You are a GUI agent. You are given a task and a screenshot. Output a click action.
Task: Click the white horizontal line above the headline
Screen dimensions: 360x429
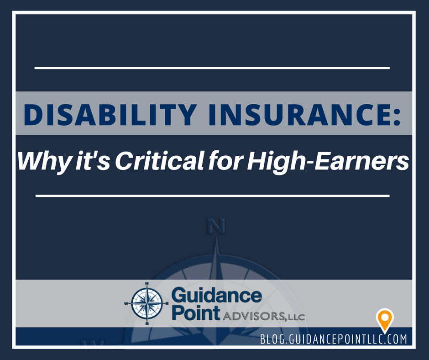[x=212, y=68]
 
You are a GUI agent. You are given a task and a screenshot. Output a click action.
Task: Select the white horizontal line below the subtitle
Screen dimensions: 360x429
[x=212, y=196]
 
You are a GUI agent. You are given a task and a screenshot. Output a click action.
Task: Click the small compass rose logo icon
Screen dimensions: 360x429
[x=147, y=303]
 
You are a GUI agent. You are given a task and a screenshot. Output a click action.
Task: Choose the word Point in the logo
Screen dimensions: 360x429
[x=195, y=314]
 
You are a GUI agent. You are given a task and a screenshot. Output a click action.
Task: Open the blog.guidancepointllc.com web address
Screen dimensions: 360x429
[x=333, y=339]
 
